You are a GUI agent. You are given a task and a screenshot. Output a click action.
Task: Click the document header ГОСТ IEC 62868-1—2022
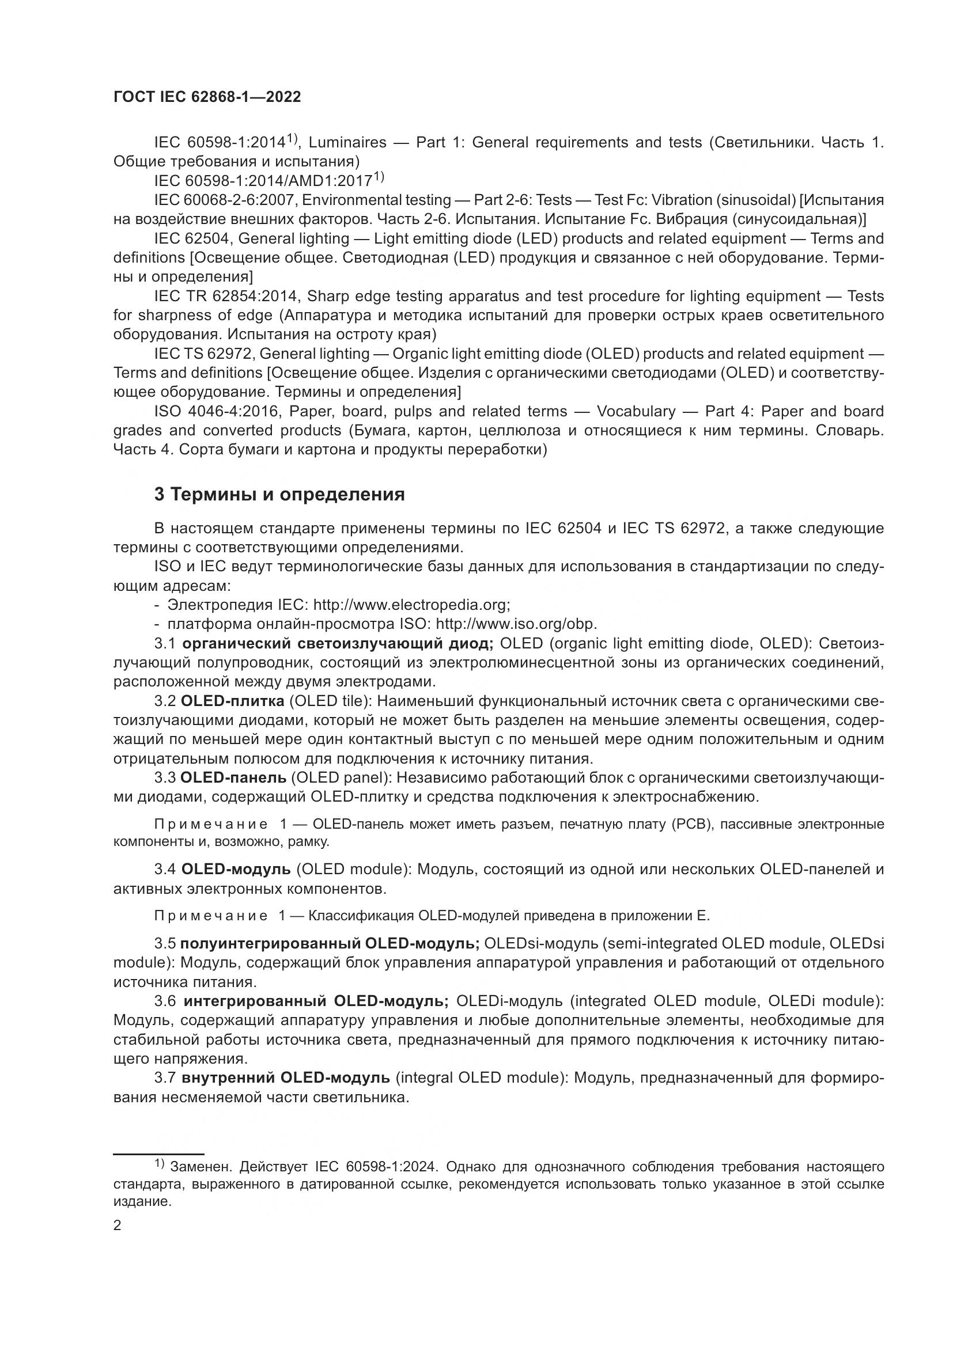point(207,97)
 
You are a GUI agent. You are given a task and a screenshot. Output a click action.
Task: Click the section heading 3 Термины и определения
point(279,495)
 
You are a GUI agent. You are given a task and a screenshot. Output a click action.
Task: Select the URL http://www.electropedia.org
point(411,605)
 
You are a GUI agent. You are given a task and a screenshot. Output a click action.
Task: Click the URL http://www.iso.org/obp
point(516,624)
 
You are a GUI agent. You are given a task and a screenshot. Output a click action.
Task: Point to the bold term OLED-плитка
point(232,701)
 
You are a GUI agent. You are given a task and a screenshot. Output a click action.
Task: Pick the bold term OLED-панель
point(233,778)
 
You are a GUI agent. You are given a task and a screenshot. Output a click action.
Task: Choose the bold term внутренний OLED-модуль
point(286,1077)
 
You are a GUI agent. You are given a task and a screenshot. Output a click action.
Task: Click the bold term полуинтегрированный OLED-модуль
point(330,943)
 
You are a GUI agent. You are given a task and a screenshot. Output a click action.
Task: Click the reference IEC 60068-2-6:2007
point(226,200)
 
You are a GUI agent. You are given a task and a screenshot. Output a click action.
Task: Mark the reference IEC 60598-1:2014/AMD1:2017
point(263,181)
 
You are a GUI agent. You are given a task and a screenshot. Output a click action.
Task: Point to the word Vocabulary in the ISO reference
point(636,411)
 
